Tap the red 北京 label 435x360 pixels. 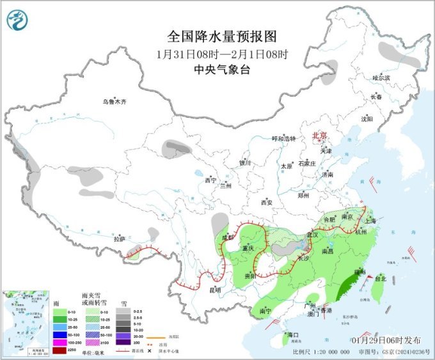click(319, 136)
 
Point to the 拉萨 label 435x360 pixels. click(120, 239)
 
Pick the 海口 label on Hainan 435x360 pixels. click(293, 335)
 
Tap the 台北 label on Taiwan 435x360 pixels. click(381, 279)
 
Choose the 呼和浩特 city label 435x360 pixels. click(284, 139)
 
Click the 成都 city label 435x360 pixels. click(228, 237)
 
